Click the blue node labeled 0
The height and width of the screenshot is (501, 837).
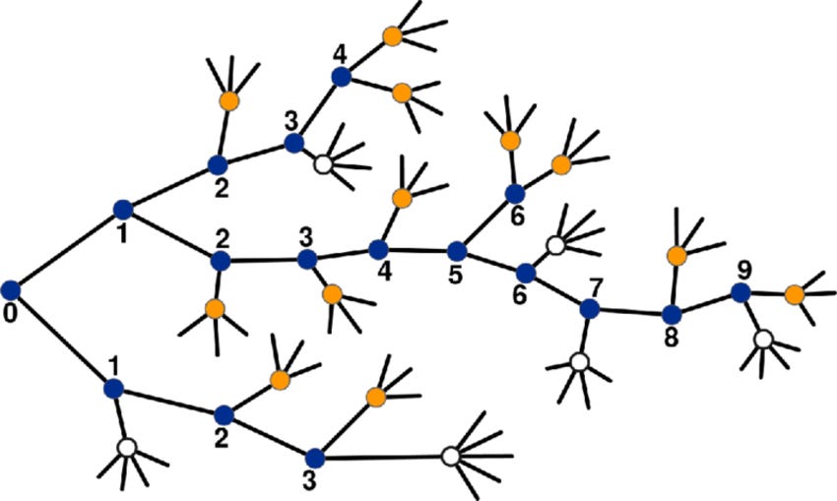pos(11,289)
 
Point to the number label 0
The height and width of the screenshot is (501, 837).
pos(10,315)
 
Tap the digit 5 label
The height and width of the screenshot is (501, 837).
pos(455,276)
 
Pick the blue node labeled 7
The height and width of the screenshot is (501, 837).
pos(590,309)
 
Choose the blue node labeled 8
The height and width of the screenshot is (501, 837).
pos(672,315)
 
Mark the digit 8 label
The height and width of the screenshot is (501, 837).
pos(670,339)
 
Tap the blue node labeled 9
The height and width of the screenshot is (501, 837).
pos(740,292)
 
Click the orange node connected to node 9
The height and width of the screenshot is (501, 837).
pos(795,293)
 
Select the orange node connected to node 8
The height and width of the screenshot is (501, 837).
pos(676,256)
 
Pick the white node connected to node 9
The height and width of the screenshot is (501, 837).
pos(763,340)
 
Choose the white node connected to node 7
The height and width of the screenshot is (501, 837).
pos(580,363)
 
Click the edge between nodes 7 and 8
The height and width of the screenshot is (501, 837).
pos(630,312)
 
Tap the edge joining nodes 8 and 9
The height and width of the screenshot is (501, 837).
pos(706,303)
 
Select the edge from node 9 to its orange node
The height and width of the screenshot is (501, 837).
pos(768,293)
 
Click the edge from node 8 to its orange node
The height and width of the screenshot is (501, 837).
pos(675,285)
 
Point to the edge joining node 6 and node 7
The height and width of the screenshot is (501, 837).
pos(558,290)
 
